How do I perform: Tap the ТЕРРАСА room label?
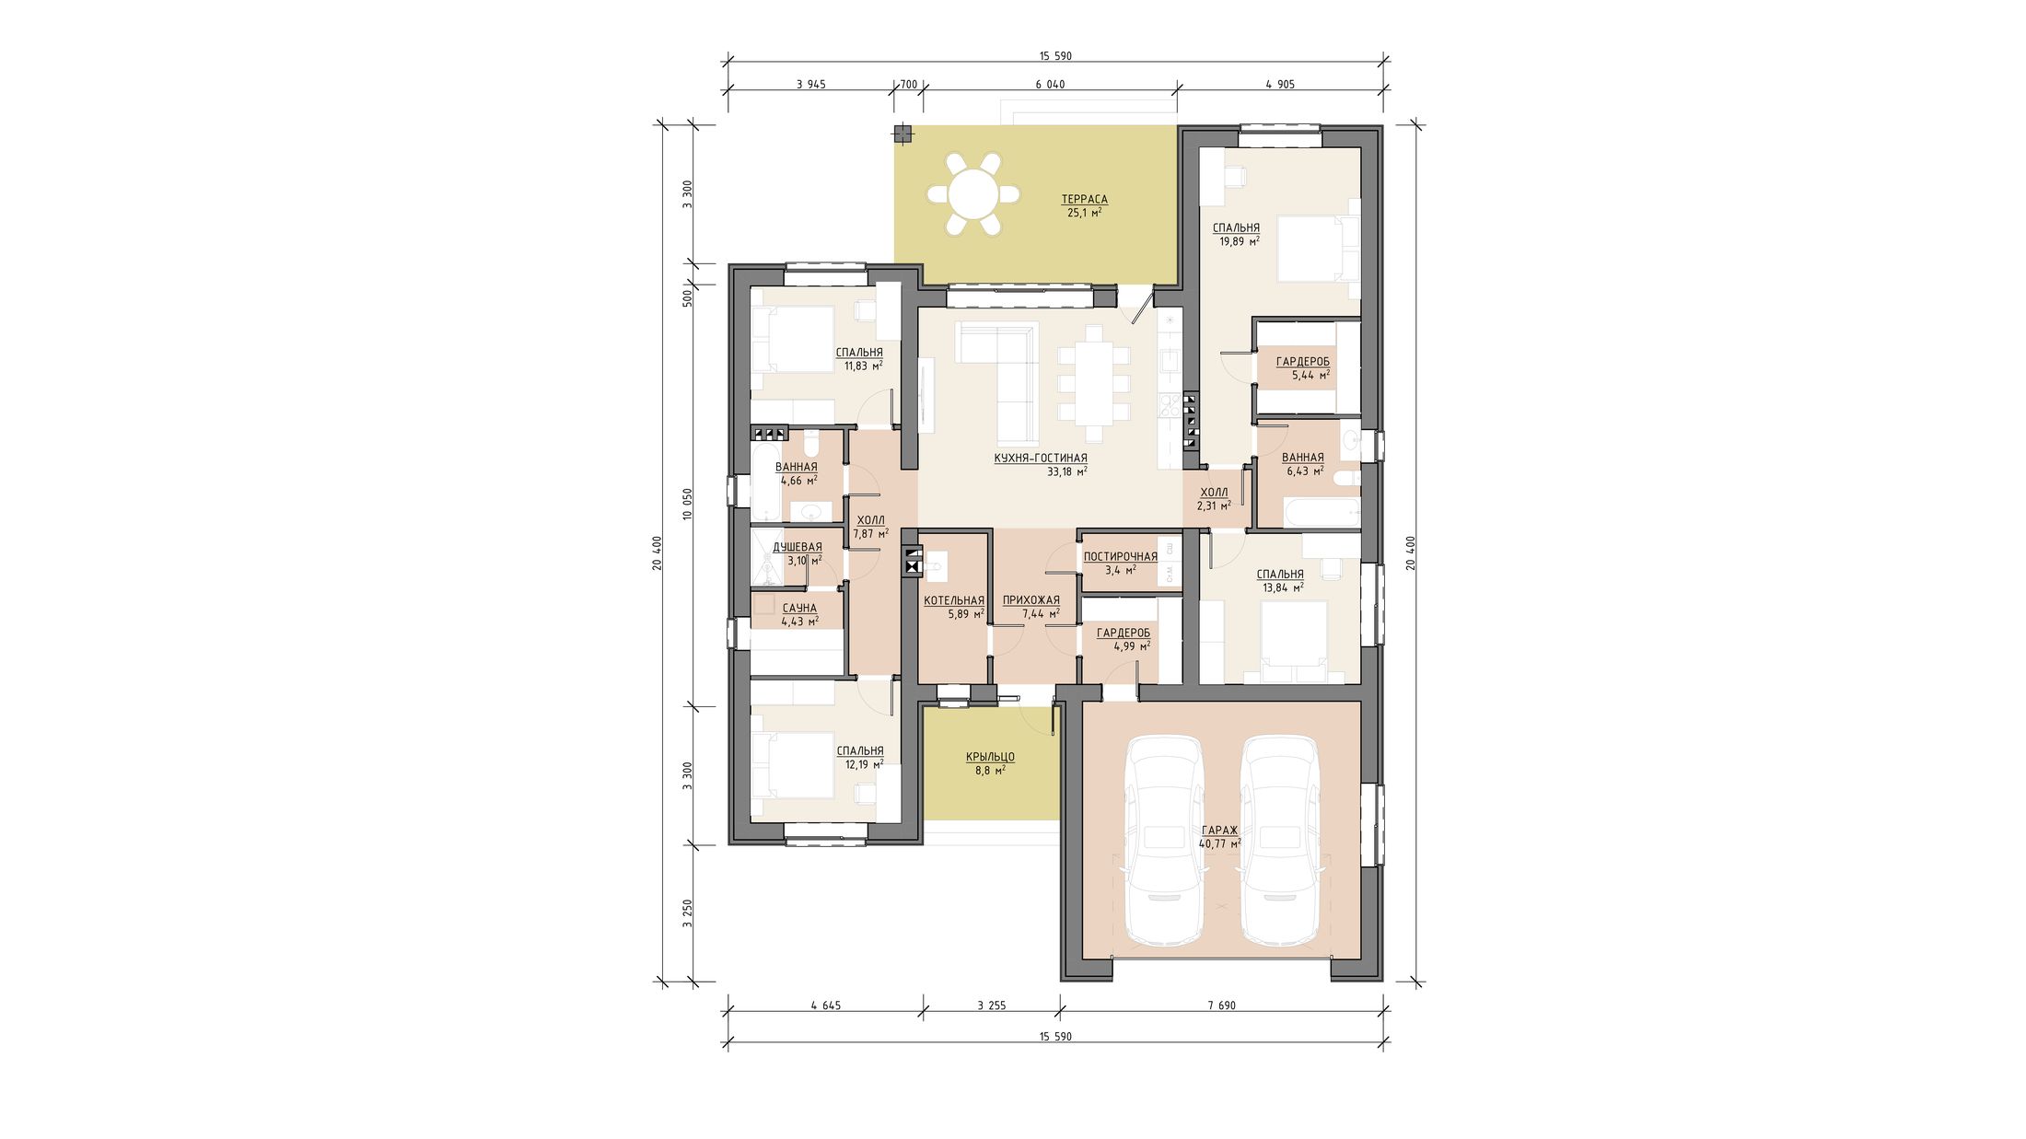(1084, 200)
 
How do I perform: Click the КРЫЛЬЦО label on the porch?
(990, 757)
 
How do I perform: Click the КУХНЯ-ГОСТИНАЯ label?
(1041, 459)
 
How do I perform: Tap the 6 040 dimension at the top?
(1050, 84)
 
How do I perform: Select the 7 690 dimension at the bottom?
(1221, 1005)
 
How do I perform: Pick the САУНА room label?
(799, 609)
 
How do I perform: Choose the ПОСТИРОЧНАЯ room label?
(1120, 557)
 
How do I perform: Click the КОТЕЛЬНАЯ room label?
(953, 601)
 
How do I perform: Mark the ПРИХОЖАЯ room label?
(1030, 601)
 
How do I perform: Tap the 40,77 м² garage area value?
(1219, 843)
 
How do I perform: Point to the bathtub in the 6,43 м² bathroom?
(1309, 513)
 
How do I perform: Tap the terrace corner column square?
(903, 134)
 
